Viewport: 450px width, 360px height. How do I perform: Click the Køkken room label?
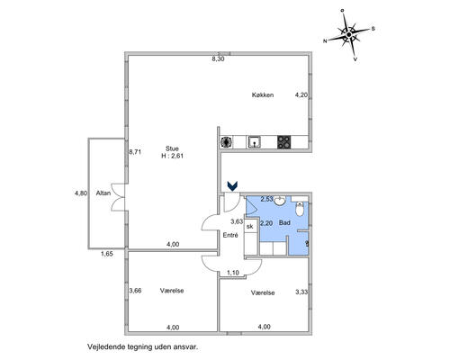[x=263, y=95]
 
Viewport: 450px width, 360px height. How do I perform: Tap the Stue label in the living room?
[x=172, y=148]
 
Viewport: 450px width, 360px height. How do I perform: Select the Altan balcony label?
[x=103, y=193]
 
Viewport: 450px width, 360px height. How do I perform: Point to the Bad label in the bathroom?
[x=284, y=222]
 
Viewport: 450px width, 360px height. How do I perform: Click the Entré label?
[x=230, y=235]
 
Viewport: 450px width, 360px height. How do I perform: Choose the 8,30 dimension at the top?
[x=218, y=59]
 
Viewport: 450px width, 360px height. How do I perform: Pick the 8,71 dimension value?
[x=135, y=152]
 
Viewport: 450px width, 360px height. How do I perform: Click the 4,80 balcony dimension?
[x=81, y=193]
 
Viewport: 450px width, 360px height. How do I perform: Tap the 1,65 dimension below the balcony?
[x=107, y=254]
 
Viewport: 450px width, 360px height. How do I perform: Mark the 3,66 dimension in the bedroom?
[x=135, y=291]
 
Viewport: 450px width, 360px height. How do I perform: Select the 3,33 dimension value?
[x=301, y=292]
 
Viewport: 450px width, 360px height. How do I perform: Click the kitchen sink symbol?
[x=255, y=142]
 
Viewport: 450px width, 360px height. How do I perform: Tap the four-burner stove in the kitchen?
[x=283, y=142]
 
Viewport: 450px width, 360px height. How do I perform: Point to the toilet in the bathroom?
[x=300, y=209]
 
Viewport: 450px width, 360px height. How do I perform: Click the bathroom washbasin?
[x=280, y=201]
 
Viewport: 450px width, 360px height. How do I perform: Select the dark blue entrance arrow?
[x=232, y=186]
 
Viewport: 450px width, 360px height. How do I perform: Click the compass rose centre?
[x=348, y=35]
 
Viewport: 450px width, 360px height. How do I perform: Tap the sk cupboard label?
[x=249, y=227]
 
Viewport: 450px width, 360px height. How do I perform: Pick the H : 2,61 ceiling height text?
[x=172, y=156]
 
